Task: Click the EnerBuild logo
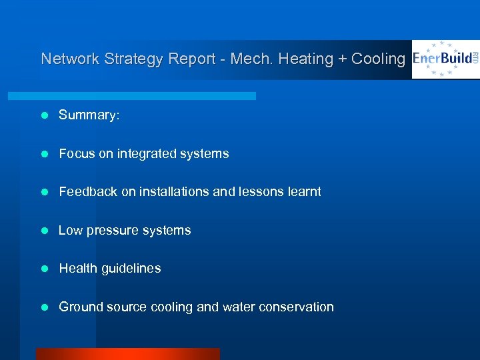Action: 445,59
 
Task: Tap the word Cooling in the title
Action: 378,59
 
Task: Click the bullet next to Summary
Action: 45,115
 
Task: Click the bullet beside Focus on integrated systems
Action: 45,154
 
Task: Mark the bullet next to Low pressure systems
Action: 45,231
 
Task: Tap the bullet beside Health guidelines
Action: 45,269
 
